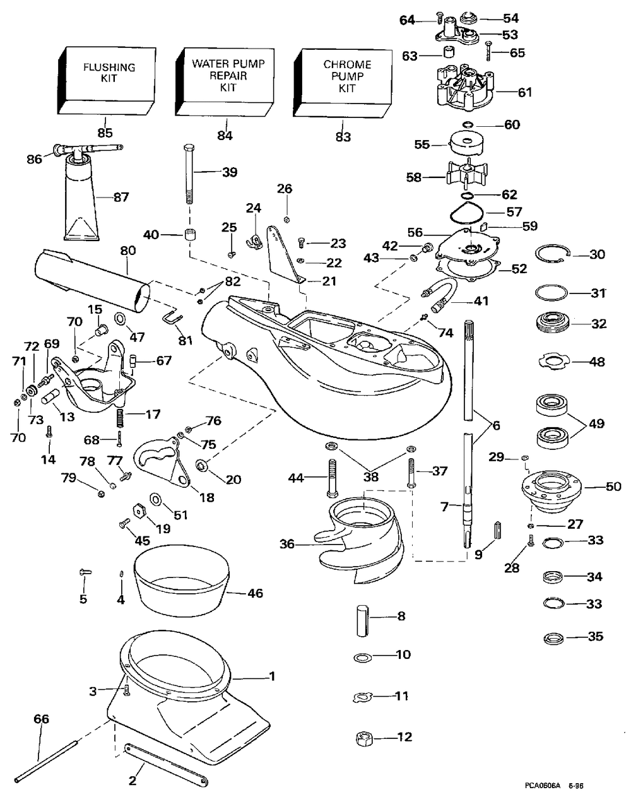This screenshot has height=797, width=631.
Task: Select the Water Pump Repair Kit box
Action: [x=225, y=81]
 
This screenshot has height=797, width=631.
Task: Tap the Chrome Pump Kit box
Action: [x=343, y=83]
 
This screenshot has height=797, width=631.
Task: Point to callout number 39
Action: [x=230, y=172]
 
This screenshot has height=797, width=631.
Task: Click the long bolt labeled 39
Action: [x=189, y=174]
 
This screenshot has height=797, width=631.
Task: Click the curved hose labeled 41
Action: [x=440, y=295]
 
